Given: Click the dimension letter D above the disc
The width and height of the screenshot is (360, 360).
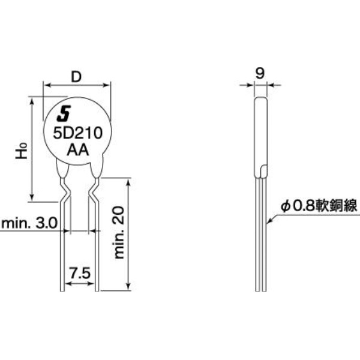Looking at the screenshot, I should click(76, 77).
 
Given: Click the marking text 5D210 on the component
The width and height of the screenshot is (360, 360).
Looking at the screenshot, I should click(76, 133).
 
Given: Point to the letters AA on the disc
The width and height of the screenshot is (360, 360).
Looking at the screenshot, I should click(76, 150).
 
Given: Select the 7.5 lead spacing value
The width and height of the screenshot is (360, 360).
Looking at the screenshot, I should click(80, 273).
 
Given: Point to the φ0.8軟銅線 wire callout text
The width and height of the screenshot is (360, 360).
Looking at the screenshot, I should click(319, 206).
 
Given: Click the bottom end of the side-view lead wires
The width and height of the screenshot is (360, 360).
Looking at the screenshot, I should click(260, 290).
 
